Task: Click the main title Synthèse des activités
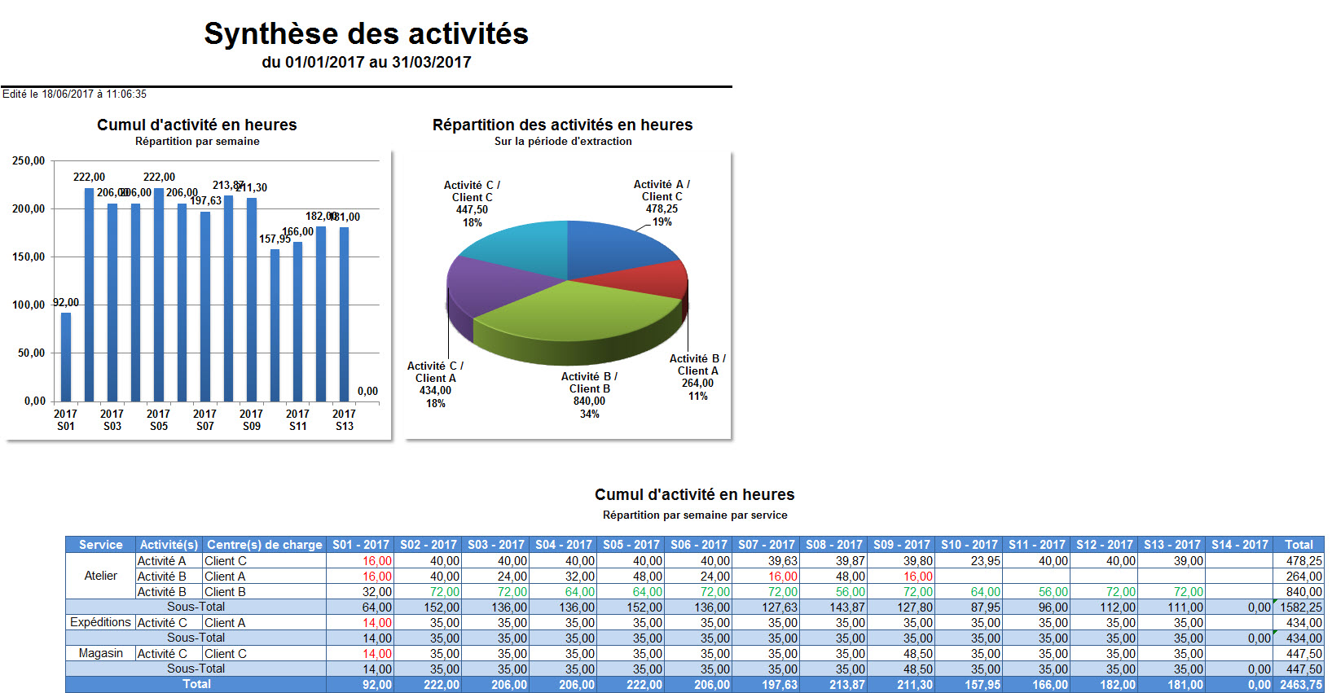click(x=366, y=34)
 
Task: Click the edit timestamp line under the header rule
click(x=74, y=94)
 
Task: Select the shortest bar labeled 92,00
click(x=66, y=357)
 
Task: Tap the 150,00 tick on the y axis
click(x=29, y=257)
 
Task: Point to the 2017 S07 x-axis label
click(x=204, y=419)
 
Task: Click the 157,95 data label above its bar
click(x=275, y=239)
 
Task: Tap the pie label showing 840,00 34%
click(x=589, y=395)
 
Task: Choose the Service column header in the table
click(x=101, y=545)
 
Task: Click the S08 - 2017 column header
click(x=833, y=545)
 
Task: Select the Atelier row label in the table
click(x=101, y=576)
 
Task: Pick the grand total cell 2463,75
click(x=1300, y=685)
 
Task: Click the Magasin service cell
click(x=101, y=653)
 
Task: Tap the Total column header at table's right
click(x=1299, y=545)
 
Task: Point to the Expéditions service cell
click(x=101, y=622)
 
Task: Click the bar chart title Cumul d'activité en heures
click(x=197, y=125)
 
